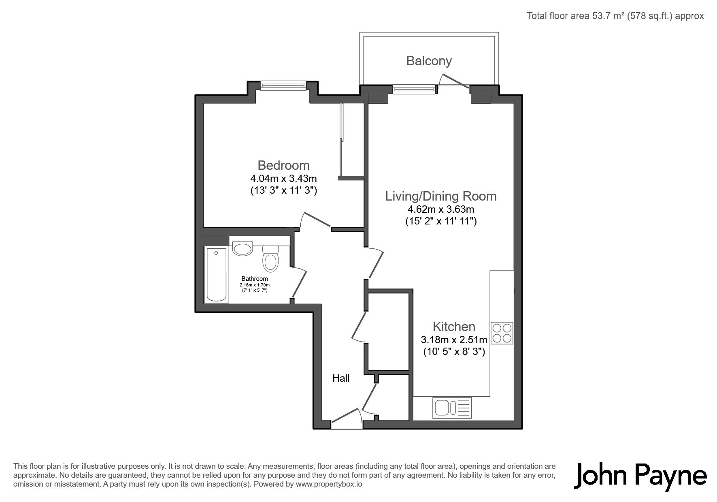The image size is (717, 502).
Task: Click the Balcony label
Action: (x=429, y=61)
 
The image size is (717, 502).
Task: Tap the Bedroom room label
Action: (x=283, y=165)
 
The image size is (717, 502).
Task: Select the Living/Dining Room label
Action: (x=440, y=196)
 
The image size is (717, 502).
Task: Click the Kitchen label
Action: (x=454, y=327)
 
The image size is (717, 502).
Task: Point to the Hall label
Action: (x=341, y=378)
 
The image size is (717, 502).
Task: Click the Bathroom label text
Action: (x=255, y=279)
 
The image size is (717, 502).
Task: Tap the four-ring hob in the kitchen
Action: (x=502, y=333)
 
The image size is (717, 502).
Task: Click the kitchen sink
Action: (x=453, y=408)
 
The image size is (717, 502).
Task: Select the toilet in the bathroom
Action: (x=270, y=258)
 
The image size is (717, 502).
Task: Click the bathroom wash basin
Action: (x=243, y=248)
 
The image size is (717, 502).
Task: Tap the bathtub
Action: (x=217, y=274)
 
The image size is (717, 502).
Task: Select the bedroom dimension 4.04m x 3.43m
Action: (x=283, y=178)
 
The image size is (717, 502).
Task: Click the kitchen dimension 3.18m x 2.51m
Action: (x=454, y=340)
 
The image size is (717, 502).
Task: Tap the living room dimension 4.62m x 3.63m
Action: (x=441, y=209)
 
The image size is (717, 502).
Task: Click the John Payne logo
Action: (x=641, y=476)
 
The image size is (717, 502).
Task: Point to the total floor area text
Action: (x=615, y=16)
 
